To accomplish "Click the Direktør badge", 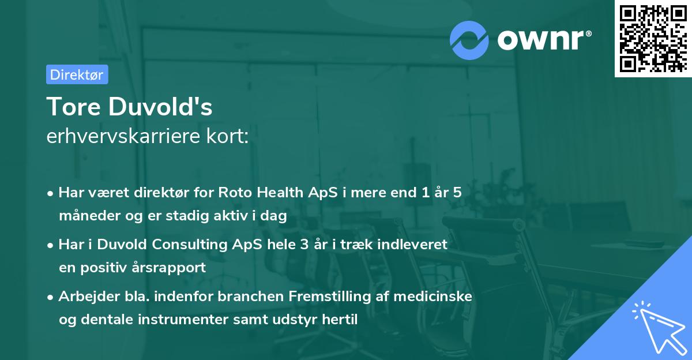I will point(77,75).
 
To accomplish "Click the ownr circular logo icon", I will point(469,40).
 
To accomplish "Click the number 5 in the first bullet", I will point(457,193).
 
